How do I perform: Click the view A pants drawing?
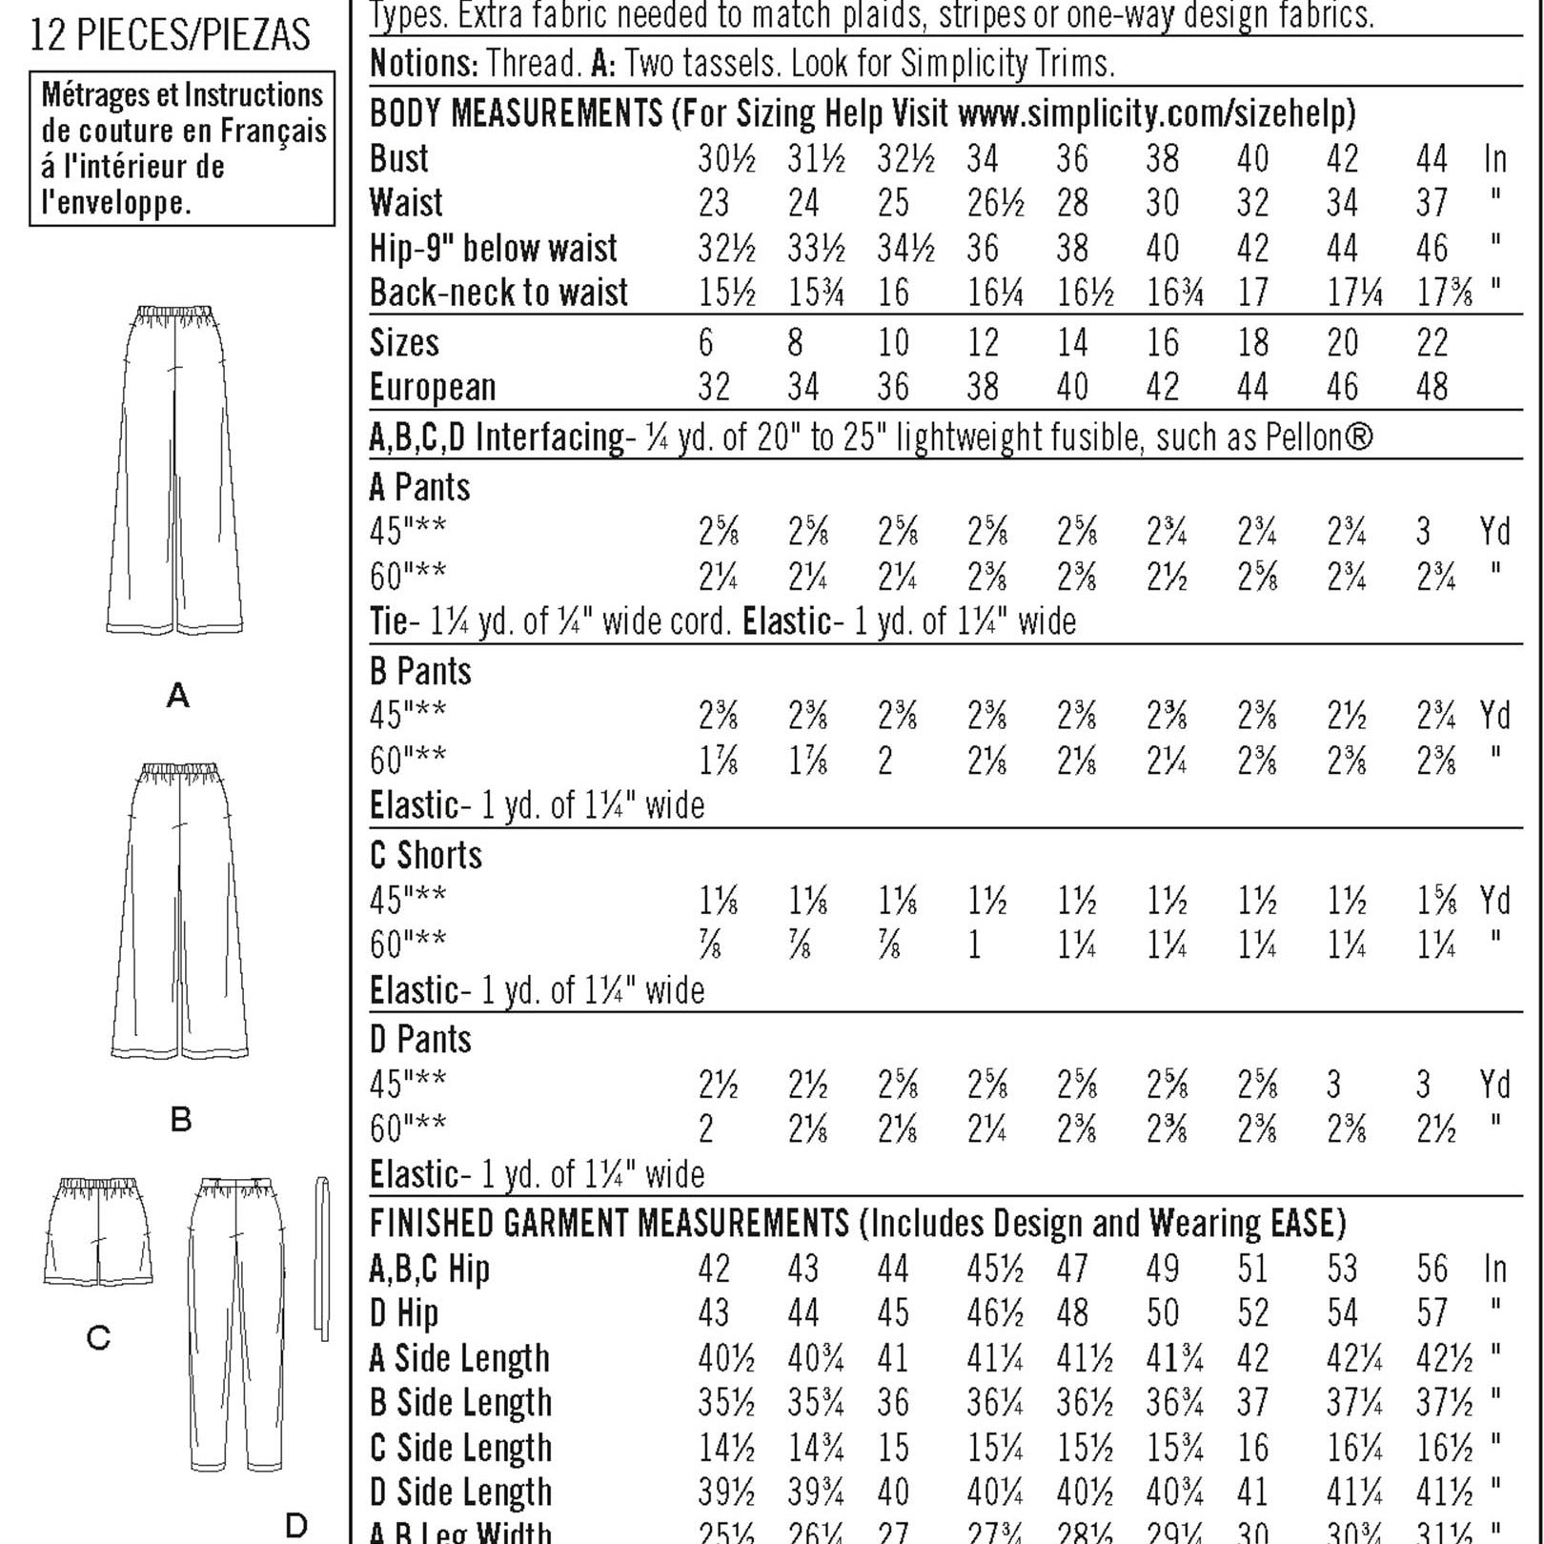pos(177,472)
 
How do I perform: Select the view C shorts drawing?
pos(97,1231)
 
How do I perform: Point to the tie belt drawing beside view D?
pos(322,1258)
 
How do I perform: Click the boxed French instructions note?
pos(182,149)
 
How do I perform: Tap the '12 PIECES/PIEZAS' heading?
pos(171,36)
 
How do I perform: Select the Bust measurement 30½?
pos(726,158)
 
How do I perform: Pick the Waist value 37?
pos(1432,203)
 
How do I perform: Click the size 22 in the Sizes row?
pos(1432,343)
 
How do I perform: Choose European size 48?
pos(1432,387)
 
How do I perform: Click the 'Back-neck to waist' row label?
pos(498,293)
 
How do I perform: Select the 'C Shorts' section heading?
pos(426,855)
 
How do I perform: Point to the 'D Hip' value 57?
pos(1432,1313)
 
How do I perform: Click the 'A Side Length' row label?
pos(459,1358)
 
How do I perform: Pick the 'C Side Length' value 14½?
pos(726,1448)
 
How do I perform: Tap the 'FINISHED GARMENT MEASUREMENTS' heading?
pos(609,1223)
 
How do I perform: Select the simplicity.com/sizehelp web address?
pos(1156,113)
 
